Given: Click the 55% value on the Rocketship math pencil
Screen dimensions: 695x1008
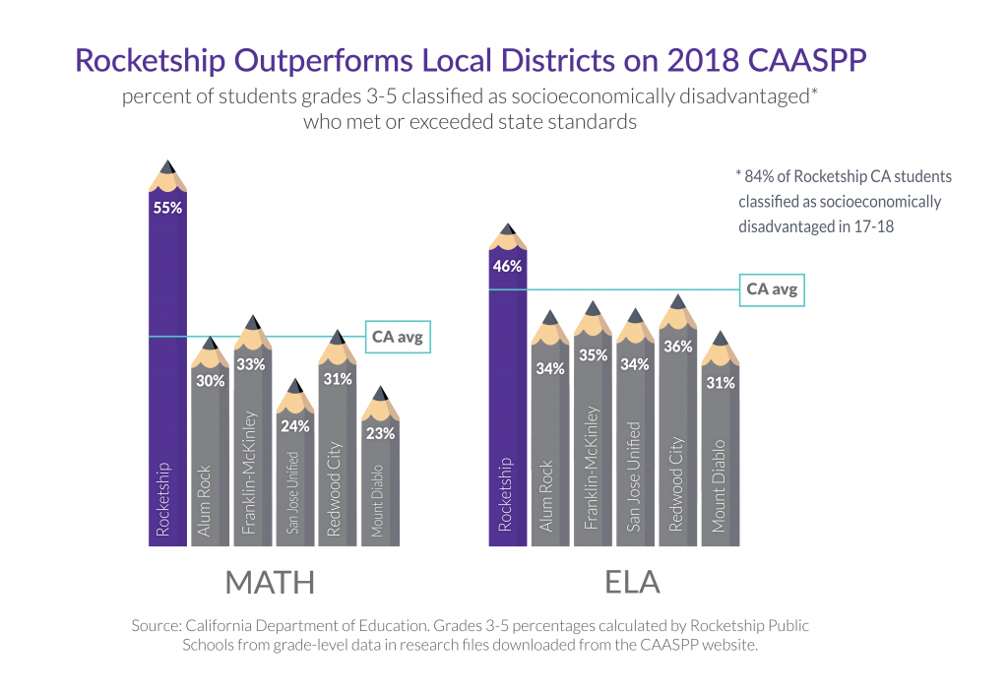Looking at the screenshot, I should pyautogui.click(x=167, y=209).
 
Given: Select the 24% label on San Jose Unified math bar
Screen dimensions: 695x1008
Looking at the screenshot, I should pyautogui.click(x=295, y=426).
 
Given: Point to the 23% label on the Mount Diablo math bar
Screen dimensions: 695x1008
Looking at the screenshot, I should pyautogui.click(x=380, y=433).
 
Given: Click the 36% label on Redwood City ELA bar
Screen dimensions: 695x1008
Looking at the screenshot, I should pyautogui.click(x=678, y=347).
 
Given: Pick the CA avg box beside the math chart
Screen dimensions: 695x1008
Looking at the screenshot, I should pyautogui.click(x=400, y=337).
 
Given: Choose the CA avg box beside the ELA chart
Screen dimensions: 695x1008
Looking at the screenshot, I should pyautogui.click(x=771, y=289).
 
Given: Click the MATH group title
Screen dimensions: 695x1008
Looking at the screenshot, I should pyautogui.click(x=270, y=583).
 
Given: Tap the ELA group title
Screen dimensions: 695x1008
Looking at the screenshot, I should pyautogui.click(x=632, y=583).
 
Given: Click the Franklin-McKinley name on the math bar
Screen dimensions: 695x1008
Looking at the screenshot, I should pyautogui.click(x=251, y=474).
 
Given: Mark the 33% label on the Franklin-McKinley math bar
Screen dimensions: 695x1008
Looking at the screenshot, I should pyautogui.click(x=252, y=364).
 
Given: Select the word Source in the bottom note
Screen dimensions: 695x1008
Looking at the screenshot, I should pyautogui.click(x=155, y=626).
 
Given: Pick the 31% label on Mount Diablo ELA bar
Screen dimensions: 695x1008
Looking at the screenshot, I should pyautogui.click(x=721, y=383).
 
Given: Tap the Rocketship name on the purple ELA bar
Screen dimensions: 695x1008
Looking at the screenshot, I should pyautogui.click(x=507, y=495).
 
